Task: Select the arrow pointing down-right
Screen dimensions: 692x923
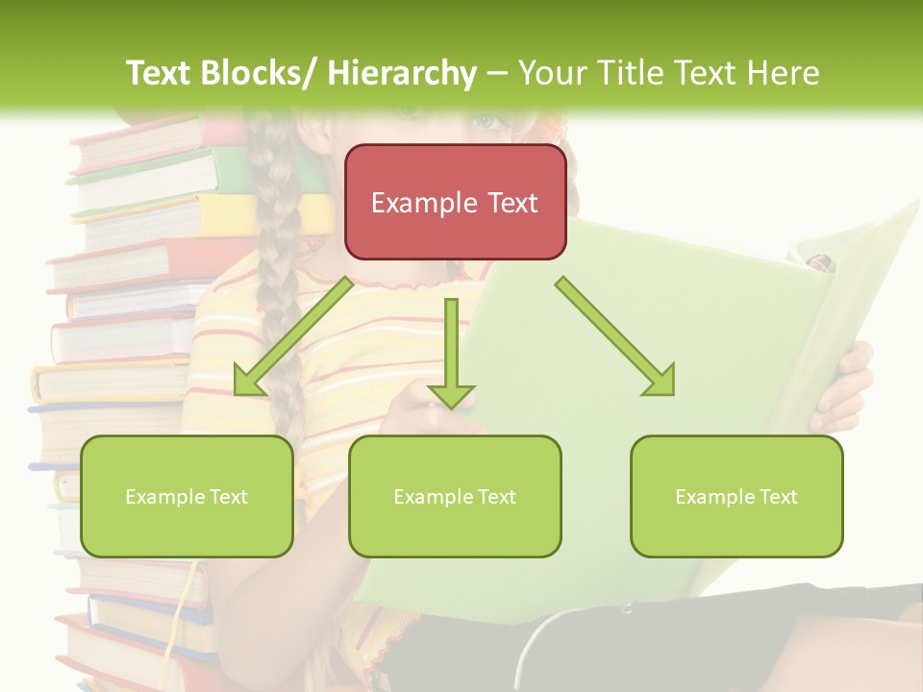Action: (x=615, y=336)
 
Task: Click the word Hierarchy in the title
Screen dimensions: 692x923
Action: (x=401, y=73)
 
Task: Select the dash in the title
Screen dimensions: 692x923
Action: (x=497, y=73)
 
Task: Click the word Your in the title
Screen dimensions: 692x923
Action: (x=550, y=73)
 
